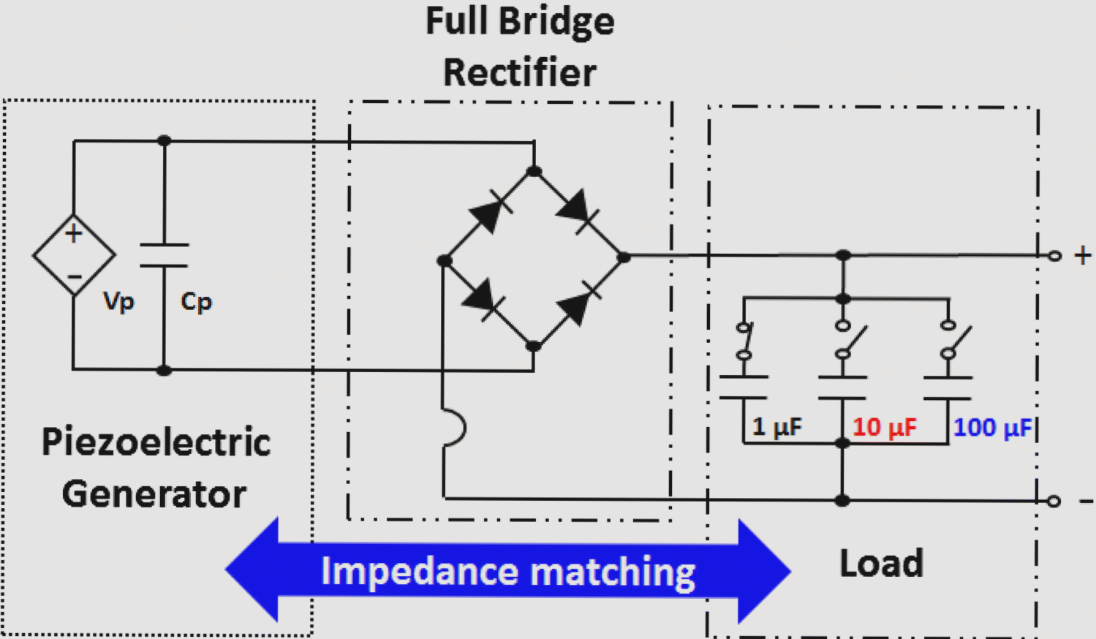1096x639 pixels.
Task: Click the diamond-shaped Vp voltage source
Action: coord(74,255)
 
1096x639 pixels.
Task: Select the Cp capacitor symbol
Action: coord(164,255)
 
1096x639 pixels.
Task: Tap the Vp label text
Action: coord(118,301)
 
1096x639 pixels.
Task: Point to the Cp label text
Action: coord(196,301)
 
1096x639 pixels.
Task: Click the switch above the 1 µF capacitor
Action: coord(744,341)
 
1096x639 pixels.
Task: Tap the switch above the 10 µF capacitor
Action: coord(848,341)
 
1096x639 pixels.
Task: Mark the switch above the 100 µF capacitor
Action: coord(954,341)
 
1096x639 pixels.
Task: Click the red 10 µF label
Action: coord(884,427)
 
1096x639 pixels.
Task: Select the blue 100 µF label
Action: coord(993,427)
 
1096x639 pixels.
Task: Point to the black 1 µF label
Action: coord(776,427)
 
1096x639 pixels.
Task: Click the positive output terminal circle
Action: coord(1054,256)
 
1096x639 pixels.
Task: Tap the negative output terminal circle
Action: coord(1054,501)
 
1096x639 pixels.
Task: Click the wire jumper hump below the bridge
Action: coord(455,428)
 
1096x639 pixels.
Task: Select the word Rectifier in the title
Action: coord(520,73)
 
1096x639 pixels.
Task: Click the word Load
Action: coord(881,564)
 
